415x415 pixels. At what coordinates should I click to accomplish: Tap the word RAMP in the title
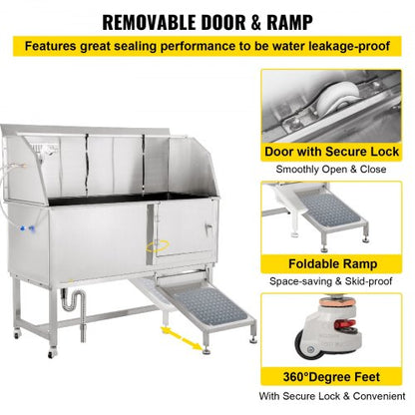(x=289, y=22)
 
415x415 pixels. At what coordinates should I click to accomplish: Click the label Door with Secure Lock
(x=331, y=152)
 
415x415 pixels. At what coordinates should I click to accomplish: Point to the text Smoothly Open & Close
(x=331, y=170)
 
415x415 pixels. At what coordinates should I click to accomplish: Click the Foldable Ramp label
(x=333, y=264)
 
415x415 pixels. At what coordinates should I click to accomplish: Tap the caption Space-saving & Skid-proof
(x=331, y=281)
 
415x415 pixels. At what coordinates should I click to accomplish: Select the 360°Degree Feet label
(x=331, y=377)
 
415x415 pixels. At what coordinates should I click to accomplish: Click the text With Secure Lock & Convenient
(x=332, y=396)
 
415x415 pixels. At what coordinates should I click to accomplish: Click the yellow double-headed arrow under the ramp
(x=182, y=338)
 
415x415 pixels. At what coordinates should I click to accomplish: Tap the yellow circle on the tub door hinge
(x=158, y=246)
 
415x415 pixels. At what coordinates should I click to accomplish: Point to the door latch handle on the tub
(x=208, y=228)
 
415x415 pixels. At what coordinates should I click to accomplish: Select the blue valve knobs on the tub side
(x=28, y=228)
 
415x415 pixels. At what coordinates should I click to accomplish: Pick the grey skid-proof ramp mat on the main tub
(x=206, y=306)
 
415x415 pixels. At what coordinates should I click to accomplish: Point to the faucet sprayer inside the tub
(x=48, y=152)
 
